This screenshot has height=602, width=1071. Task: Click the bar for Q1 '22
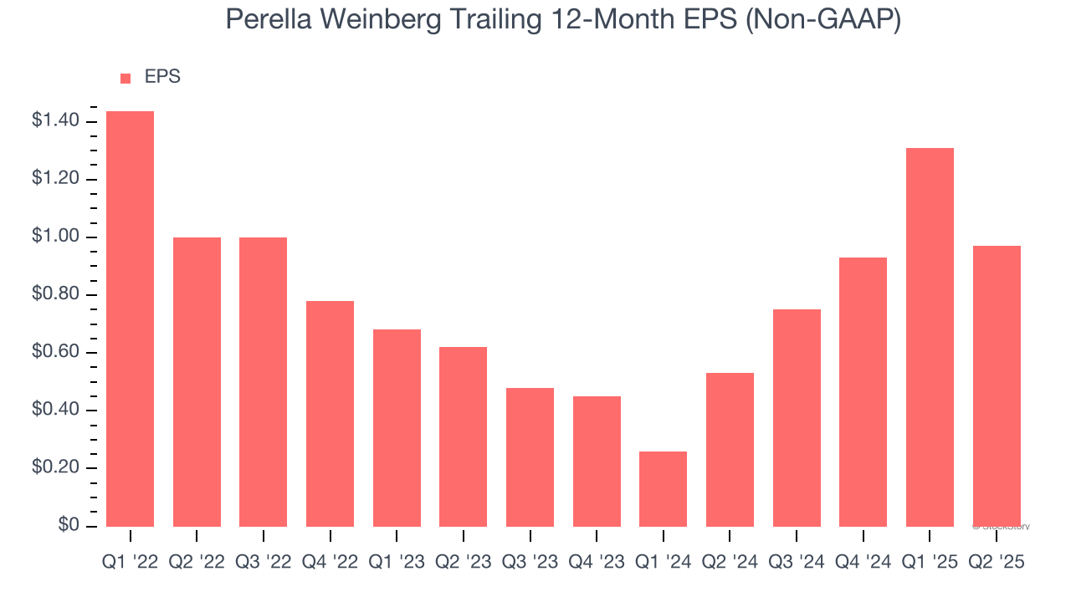130,319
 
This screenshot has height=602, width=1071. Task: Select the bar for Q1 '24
663,488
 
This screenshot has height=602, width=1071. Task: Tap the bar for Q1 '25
930,337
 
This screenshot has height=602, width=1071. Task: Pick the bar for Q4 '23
597,461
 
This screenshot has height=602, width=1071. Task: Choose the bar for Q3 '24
797,417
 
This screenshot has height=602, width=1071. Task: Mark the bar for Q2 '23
463,436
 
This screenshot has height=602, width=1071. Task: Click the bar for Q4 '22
330,413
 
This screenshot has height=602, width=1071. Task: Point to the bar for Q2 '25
997,385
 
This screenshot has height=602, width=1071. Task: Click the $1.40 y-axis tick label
56,122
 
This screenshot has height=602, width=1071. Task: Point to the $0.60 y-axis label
56,353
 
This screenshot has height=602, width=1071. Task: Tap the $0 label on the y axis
68,526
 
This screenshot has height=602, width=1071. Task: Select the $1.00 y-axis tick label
56,237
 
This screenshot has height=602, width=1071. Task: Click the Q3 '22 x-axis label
263,563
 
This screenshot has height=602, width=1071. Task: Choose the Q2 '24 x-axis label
730,563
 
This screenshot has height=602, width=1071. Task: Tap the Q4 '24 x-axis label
863,563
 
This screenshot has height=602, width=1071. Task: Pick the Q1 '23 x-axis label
397,563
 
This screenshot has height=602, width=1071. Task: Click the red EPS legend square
126,78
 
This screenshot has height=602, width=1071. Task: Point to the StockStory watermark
1001,527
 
